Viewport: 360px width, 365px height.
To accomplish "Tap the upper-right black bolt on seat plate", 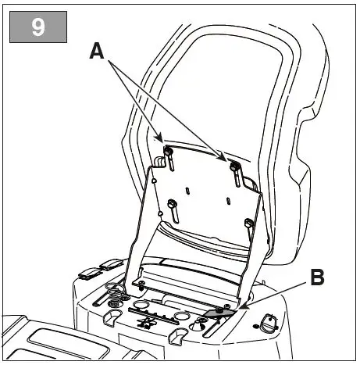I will [x=233, y=165].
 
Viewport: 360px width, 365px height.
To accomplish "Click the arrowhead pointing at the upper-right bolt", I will [x=226, y=159].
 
